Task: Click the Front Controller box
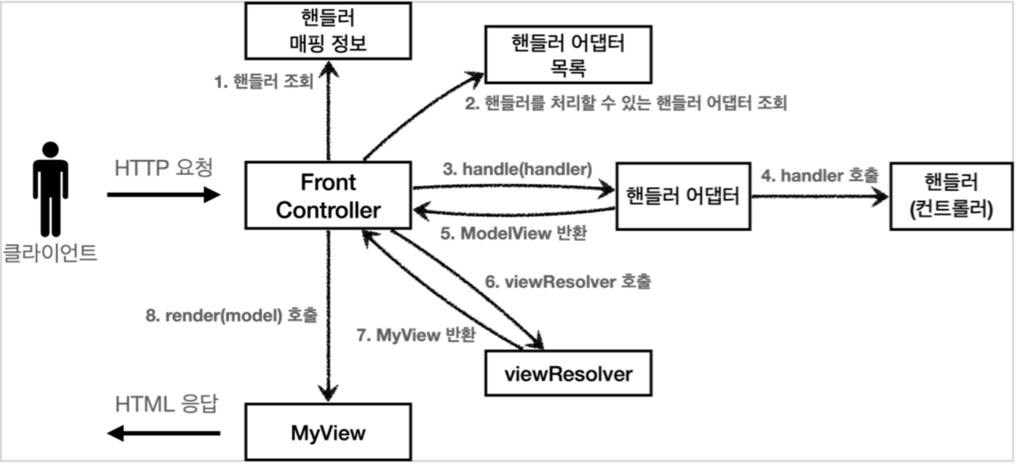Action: coord(328,196)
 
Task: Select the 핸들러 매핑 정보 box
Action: coord(328,31)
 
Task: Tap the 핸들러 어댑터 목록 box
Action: coord(568,55)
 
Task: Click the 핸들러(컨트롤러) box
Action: coord(951,196)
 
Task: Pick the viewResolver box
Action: coord(568,374)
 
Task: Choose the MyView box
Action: coord(328,433)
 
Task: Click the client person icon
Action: coord(50,189)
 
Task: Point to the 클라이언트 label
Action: coord(50,252)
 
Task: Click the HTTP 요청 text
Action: coord(164,168)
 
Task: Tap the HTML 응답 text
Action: coord(166,404)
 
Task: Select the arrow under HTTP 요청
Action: coord(164,195)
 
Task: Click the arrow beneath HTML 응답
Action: coord(164,433)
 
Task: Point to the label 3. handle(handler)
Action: coord(517,169)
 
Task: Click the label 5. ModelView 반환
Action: coord(513,233)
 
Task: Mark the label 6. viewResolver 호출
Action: coord(568,281)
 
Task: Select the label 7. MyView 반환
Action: coord(416,335)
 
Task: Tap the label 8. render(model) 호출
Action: coord(231,315)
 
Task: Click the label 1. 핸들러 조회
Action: coord(264,82)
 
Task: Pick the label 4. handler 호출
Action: coord(819,176)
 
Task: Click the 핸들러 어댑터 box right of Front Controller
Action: coord(683,196)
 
